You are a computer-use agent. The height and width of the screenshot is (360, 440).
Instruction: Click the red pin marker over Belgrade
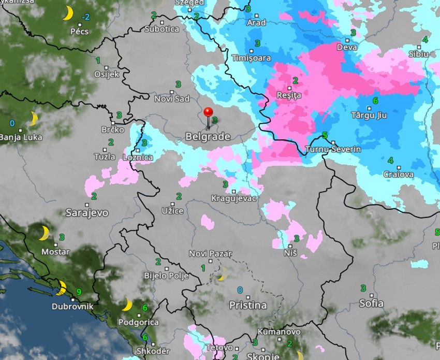[x=208, y=113]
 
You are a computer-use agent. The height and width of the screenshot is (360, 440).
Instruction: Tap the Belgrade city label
[x=207, y=137]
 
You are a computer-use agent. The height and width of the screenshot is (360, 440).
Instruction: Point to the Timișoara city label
[x=251, y=58]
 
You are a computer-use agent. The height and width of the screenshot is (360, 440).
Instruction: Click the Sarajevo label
[x=86, y=212]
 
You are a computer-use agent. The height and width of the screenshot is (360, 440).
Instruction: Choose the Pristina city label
[x=247, y=305]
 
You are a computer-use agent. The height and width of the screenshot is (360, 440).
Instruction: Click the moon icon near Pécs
[x=68, y=13]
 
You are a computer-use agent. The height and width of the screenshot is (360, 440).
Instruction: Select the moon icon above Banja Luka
[x=34, y=119]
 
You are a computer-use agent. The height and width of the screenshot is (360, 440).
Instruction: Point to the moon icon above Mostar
[x=45, y=233]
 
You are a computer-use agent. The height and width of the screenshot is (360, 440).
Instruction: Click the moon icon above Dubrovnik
[x=62, y=287]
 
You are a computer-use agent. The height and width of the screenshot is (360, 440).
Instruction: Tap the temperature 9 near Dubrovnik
[x=79, y=292]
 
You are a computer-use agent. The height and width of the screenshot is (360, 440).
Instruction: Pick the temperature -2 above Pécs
[x=85, y=17]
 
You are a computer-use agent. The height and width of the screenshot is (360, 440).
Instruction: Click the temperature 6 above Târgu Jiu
[x=375, y=100]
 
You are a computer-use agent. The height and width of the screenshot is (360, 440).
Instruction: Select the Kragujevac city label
[x=234, y=198]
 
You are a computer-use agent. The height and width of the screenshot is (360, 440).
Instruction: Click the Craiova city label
[x=398, y=175]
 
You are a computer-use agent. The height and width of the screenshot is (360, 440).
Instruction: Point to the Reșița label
[x=289, y=95]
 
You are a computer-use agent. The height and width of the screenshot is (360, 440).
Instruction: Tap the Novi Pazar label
[x=210, y=253]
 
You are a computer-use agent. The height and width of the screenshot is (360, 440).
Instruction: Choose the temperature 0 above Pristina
[x=240, y=290]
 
